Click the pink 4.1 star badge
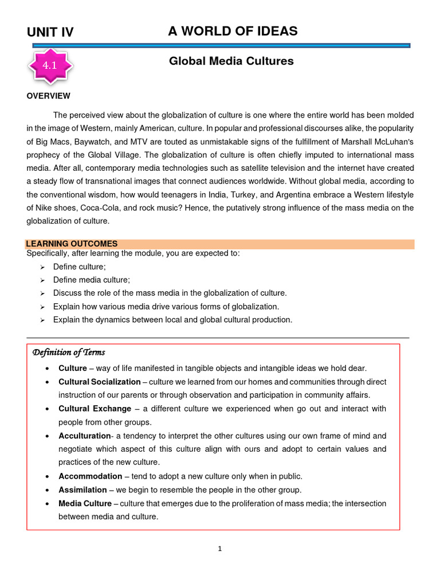pyautogui.click(x=51, y=66)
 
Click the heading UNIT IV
pyautogui.click(x=50, y=32)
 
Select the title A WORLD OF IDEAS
pyautogui.click(x=233, y=31)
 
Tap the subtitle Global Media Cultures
pyautogui.click(x=231, y=61)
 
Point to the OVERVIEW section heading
pyautogui.click(x=49, y=96)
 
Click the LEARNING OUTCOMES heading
pyautogui.click(x=72, y=244)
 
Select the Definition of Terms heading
pyautogui.click(x=68, y=352)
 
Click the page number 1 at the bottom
pyautogui.click(x=219, y=549)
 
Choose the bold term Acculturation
pyautogui.click(x=84, y=436)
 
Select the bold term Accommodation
pyautogui.click(x=90, y=476)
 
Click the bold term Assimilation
pyautogui.click(x=82, y=490)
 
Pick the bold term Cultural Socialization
pyautogui.click(x=99, y=382)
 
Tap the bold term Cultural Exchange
pyautogui.click(x=94, y=409)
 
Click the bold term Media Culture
pyautogui.click(x=85, y=503)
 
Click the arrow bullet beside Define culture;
pyautogui.click(x=42, y=267)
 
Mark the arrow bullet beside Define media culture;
pyautogui.click(x=42, y=280)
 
